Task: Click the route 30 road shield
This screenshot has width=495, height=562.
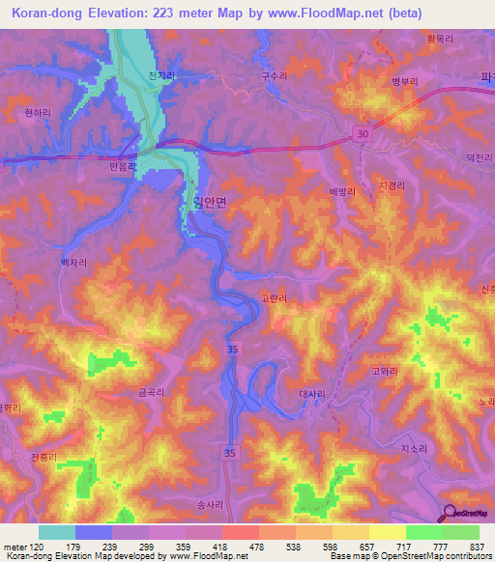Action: [362, 132]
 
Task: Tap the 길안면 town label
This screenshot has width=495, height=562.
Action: [204, 203]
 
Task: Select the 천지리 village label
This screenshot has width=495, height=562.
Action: [161, 75]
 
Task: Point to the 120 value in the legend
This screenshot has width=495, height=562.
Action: [40, 547]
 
